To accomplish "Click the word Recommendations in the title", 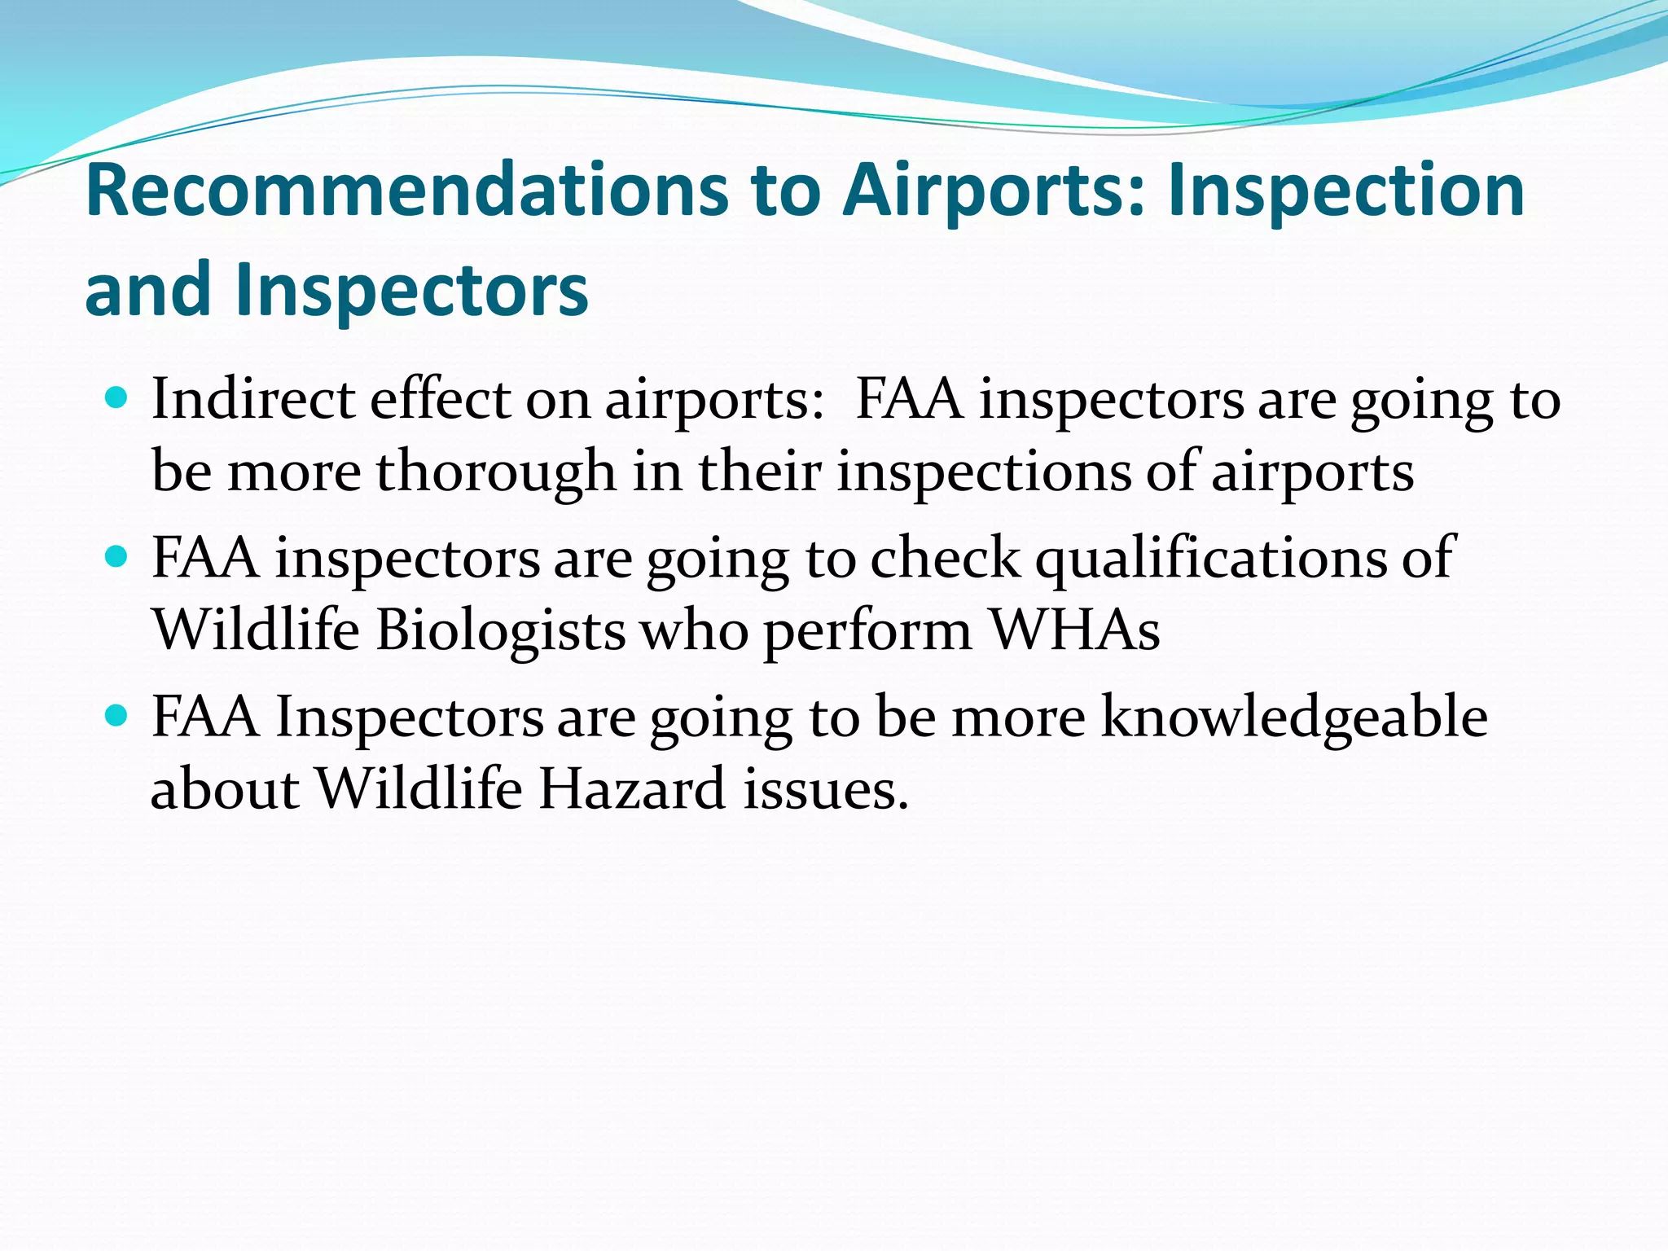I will (407, 191).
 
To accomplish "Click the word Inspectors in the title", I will (412, 291).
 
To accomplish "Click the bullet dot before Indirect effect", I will (117, 398).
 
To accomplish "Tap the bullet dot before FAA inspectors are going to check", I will (117, 557).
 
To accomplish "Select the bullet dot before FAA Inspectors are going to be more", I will (117, 716).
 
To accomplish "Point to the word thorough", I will (496, 472).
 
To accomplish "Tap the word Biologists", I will (500, 630).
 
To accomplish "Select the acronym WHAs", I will (1074, 630).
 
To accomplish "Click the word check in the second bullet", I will (945, 559).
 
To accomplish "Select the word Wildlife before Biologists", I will (257, 630).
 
